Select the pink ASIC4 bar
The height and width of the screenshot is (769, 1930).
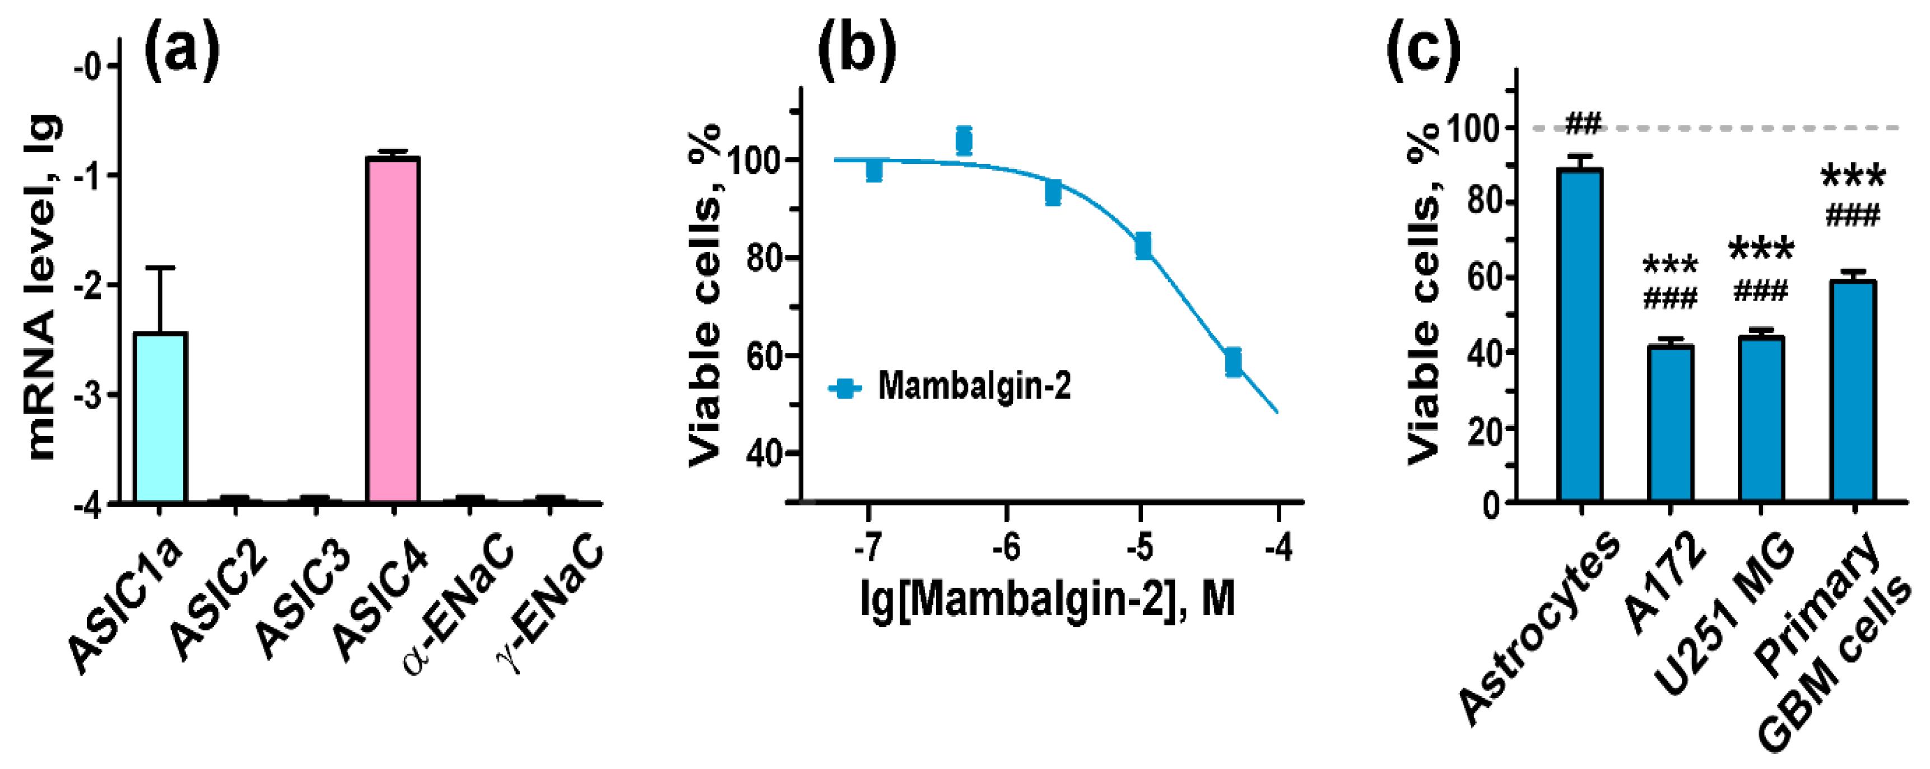click(392, 330)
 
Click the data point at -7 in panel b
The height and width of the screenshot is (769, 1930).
click(873, 171)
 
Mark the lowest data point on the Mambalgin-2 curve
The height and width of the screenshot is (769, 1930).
click(1233, 363)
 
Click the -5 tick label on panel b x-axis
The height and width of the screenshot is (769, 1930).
click(1140, 550)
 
